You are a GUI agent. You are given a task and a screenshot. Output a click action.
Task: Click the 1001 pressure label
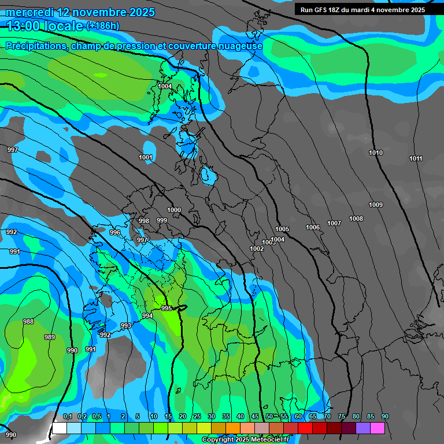click(x=146, y=157)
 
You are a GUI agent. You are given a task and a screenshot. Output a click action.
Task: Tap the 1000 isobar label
click(x=173, y=210)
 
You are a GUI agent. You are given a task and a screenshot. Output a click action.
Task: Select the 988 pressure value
click(x=28, y=321)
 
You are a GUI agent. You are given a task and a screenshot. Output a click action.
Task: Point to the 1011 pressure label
click(x=416, y=158)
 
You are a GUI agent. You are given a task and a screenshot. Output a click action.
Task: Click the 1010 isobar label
click(x=376, y=153)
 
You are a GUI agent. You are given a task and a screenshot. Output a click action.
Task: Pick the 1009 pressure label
click(x=376, y=205)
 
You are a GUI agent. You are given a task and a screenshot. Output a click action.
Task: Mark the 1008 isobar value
click(x=356, y=219)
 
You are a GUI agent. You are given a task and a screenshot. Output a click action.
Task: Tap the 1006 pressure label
click(x=313, y=227)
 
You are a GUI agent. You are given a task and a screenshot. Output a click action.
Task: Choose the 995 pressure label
click(x=166, y=308)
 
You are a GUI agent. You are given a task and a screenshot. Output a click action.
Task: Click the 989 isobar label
click(x=50, y=337)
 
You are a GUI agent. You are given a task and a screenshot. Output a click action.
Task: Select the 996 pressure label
click(x=115, y=232)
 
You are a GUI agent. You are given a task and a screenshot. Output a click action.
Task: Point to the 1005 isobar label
click(x=282, y=229)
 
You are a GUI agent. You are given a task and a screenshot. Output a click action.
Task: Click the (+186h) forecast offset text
click(x=102, y=25)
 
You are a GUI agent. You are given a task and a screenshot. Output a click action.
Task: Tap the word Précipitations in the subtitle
click(x=35, y=46)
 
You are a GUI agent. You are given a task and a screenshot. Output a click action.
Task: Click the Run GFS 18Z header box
click(x=362, y=9)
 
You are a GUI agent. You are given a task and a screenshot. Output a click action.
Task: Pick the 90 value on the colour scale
click(x=385, y=416)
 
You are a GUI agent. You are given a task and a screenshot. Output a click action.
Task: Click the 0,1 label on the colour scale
click(x=67, y=416)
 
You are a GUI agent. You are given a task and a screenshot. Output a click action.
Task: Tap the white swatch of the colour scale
click(x=59, y=428)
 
